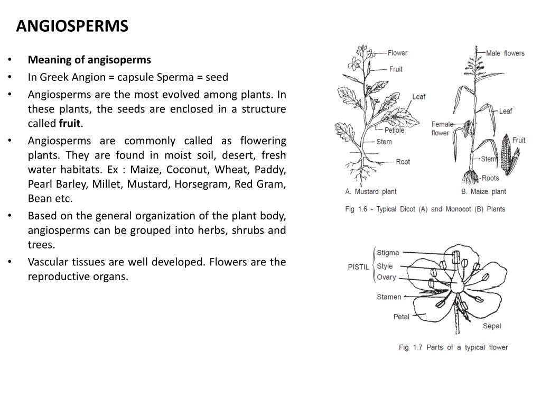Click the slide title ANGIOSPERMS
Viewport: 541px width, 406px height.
[x=72, y=26]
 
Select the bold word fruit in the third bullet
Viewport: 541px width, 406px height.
[x=69, y=124]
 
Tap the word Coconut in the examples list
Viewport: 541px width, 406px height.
[x=189, y=170]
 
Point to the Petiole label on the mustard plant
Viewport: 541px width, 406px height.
[x=394, y=130]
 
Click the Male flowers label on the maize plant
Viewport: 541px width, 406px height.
[x=505, y=53]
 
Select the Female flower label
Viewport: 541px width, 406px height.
[x=442, y=128]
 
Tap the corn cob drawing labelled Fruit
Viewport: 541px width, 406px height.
[x=506, y=154]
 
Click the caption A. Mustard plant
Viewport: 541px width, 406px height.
[x=370, y=191]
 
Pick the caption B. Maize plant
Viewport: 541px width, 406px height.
[x=483, y=191]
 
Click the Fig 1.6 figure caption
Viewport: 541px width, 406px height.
[x=425, y=209]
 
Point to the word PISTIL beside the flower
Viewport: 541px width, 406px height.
[x=358, y=267]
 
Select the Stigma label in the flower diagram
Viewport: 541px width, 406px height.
[x=388, y=253]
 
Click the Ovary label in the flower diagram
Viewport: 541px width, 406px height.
[x=386, y=278]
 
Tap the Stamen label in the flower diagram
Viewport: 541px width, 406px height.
[x=389, y=297]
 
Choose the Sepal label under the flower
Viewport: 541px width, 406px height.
[x=492, y=326]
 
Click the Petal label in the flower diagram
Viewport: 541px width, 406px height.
[x=402, y=317]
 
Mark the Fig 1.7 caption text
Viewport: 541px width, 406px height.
[x=453, y=347]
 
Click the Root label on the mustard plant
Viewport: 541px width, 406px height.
[x=403, y=162]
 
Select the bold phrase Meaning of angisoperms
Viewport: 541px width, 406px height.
[x=89, y=60]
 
